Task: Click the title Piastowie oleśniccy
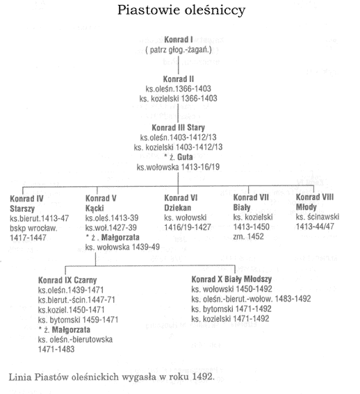181,10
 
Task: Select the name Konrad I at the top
179,40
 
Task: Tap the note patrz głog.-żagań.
179,50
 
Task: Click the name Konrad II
179,79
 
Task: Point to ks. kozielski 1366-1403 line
178,98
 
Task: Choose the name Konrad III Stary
178,127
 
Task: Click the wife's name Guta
185,157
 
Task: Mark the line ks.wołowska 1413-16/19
178,167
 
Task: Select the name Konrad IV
26,199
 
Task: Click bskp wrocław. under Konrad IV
33,228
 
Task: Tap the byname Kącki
95,208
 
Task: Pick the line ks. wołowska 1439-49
122,247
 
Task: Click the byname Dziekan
178,208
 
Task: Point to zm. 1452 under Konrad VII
248,236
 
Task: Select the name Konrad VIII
315,197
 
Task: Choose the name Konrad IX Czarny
67,280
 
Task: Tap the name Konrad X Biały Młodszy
231,279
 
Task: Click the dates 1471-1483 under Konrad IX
56,349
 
